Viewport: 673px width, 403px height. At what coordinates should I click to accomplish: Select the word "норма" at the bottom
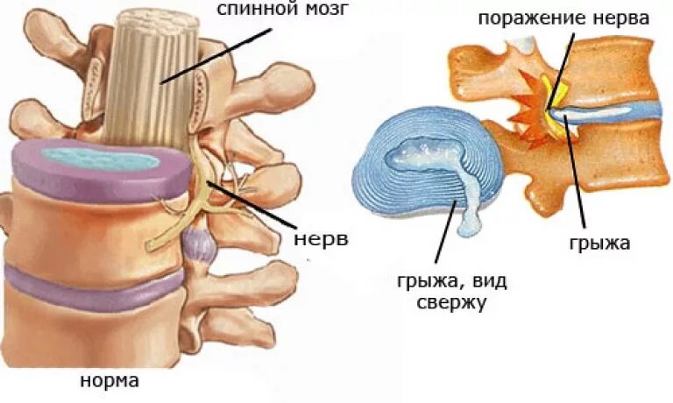point(110,382)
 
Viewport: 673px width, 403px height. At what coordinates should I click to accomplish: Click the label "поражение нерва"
point(564,18)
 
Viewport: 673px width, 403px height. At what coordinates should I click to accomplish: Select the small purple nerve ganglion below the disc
point(200,245)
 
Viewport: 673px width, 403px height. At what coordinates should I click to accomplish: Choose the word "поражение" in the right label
point(538,18)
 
